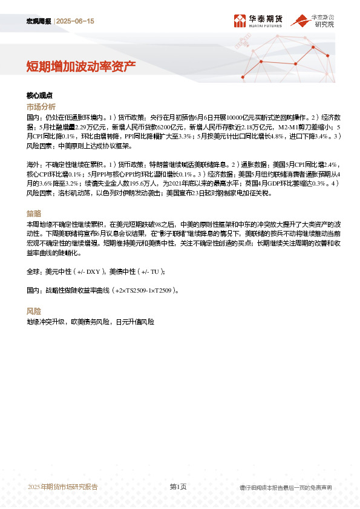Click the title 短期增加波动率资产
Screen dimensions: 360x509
click(x=80, y=66)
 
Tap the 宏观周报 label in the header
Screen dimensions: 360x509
click(x=40, y=21)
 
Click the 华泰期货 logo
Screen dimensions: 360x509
click(x=258, y=21)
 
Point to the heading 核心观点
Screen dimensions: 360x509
click(x=40, y=96)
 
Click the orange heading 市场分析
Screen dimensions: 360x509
click(x=41, y=106)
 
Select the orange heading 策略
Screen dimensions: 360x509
click(x=34, y=213)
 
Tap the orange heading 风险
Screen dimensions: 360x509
click(x=34, y=311)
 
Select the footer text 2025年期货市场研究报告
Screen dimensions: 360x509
click(x=62, y=487)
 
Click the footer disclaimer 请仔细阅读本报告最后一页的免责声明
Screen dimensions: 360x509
click(x=286, y=487)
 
